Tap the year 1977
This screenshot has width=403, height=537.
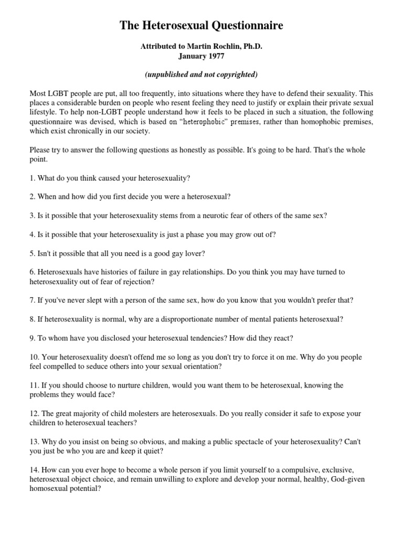[212, 56]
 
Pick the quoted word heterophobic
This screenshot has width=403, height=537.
[215, 122]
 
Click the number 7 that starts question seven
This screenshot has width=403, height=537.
[32, 300]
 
